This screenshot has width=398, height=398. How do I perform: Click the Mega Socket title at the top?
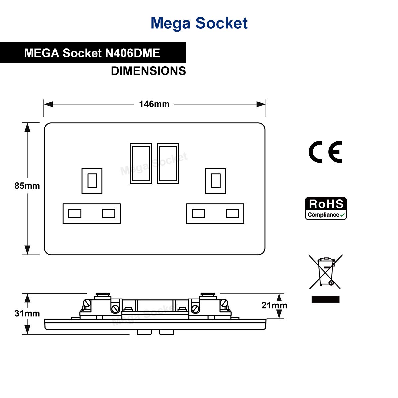199,23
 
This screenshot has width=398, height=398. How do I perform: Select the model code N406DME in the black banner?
132,53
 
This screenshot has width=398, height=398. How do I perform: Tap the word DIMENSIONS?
148,71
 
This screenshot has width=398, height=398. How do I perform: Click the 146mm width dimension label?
154,104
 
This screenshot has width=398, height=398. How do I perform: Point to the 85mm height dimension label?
27,186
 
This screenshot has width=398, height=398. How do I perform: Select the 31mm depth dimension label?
27,313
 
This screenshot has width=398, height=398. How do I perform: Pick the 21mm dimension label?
274,305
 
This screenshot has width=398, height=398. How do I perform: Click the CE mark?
325,152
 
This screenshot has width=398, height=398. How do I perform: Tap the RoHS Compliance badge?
326,209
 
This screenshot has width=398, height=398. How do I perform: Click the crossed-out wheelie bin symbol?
326,272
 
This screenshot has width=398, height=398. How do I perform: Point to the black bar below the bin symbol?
325,299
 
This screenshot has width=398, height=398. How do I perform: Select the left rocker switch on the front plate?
141,164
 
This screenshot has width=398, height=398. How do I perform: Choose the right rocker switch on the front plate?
168,164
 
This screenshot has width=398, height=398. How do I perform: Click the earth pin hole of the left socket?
92,181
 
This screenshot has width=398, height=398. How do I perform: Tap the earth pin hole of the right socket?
216,181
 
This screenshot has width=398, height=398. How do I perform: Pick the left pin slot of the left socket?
75,213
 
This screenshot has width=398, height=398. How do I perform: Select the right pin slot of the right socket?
232,213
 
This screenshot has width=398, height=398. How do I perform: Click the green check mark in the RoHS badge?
343,215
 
